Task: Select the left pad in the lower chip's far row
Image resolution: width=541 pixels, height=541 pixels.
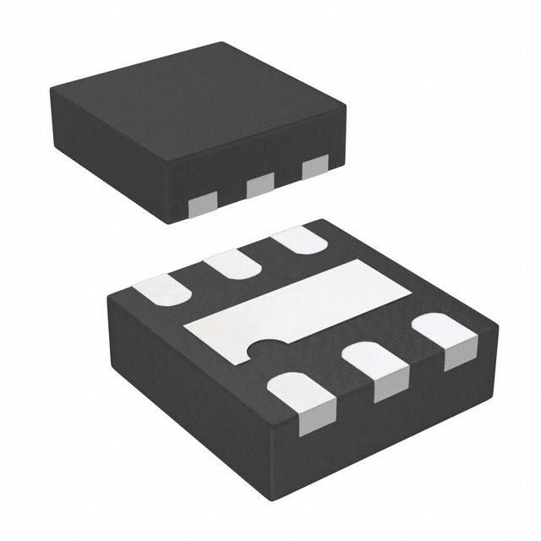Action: pos(166,289)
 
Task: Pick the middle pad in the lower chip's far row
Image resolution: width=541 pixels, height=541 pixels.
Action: pos(232,263)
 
